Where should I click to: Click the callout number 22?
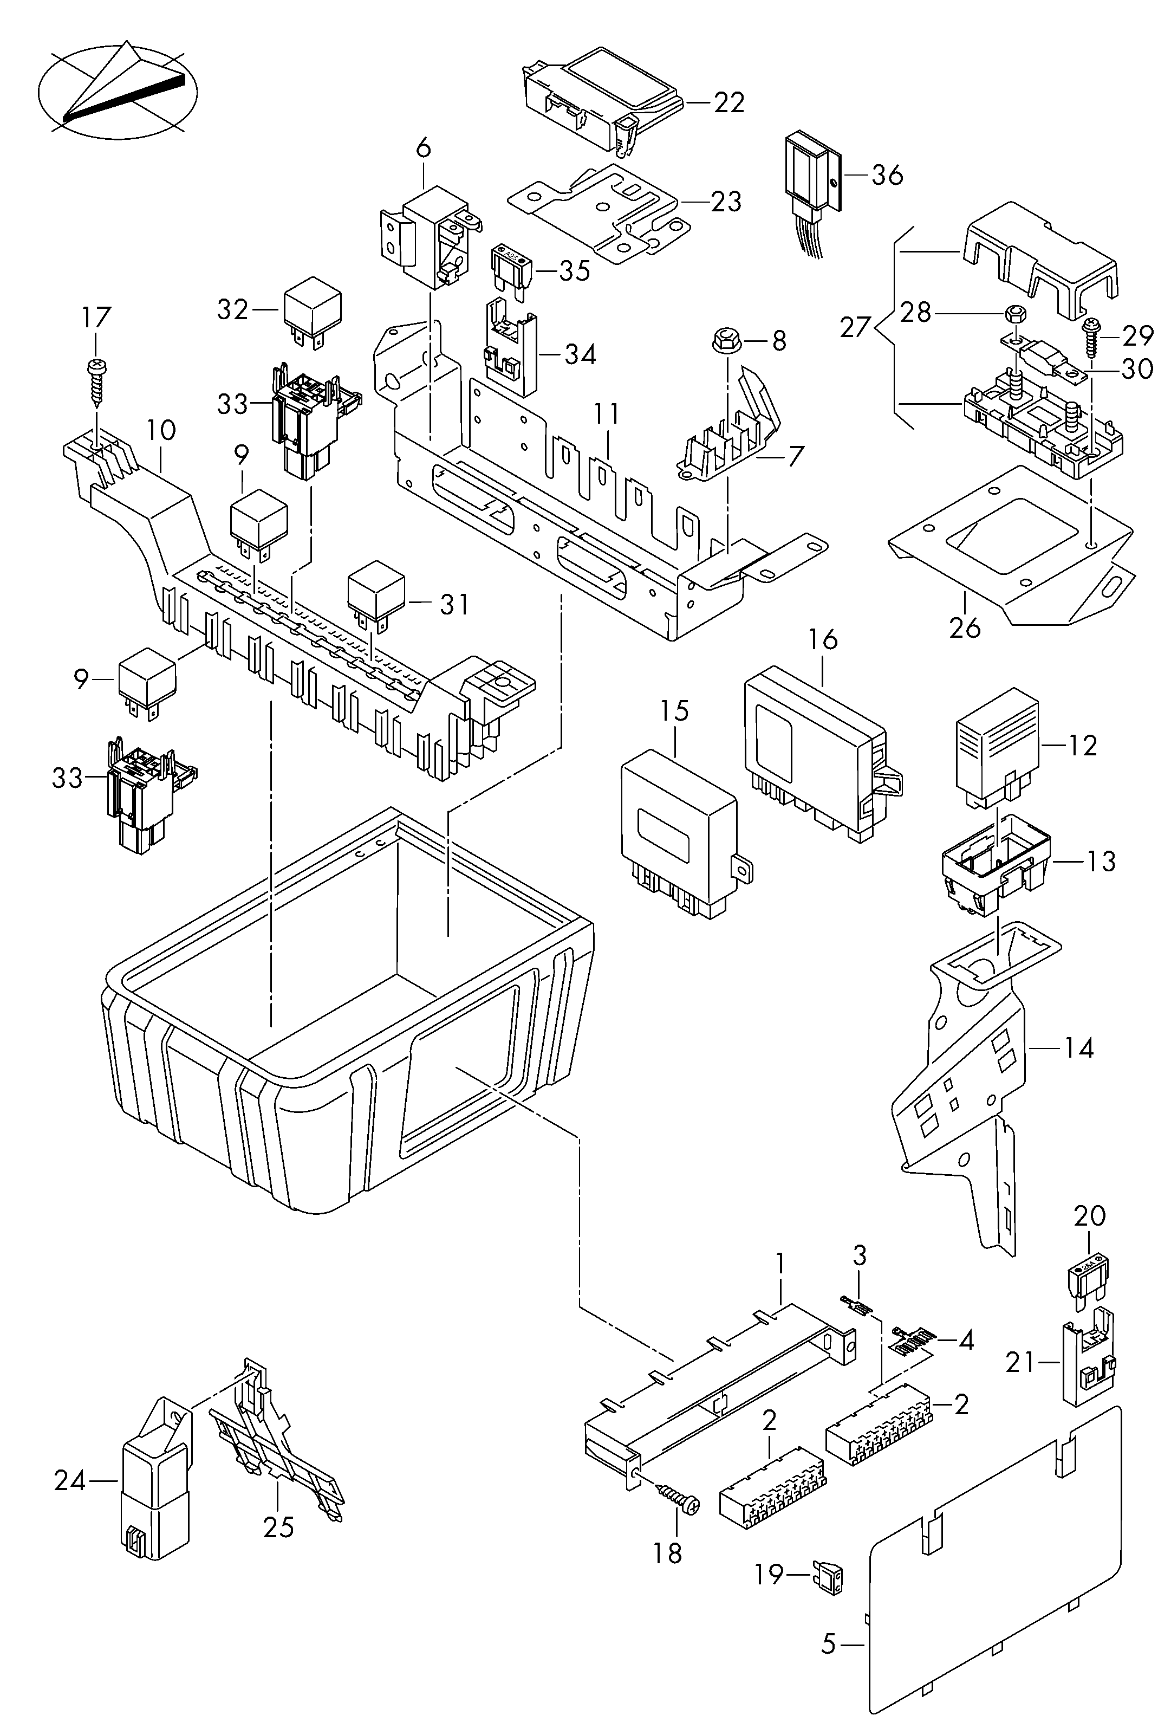pos(729,102)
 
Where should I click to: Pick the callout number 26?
pos(964,629)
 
